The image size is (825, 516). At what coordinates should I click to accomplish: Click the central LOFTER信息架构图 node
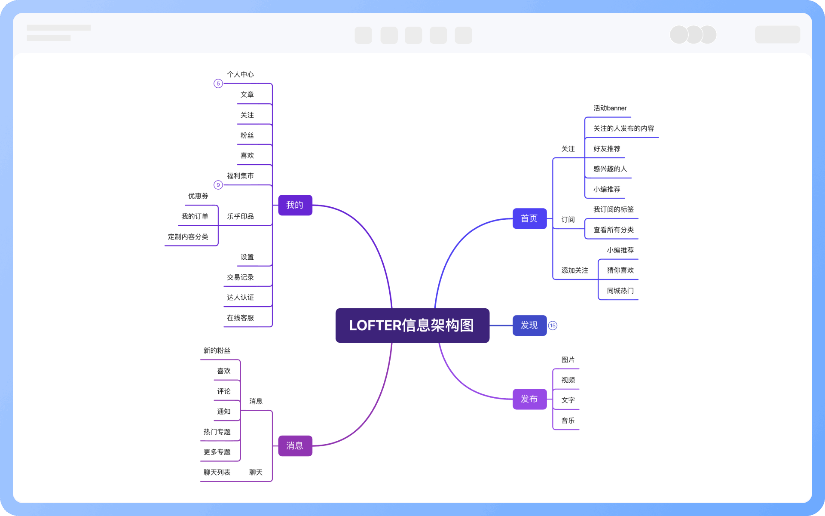click(x=412, y=326)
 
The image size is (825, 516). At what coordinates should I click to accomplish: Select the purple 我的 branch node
click(x=295, y=205)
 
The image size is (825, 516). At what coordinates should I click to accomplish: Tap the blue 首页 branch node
click(x=529, y=218)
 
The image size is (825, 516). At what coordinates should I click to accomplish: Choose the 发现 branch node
click(x=529, y=326)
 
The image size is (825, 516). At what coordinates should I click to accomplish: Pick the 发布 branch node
click(x=529, y=399)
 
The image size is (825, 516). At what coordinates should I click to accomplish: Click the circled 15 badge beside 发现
click(x=553, y=326)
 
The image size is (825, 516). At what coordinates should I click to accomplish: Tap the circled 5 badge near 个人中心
click(x=218, y=83)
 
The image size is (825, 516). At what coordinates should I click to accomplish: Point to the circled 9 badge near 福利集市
click(x=218, y=185)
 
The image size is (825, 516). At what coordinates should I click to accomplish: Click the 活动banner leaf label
click(x=610, y=108)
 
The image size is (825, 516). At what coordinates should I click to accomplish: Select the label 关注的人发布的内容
click(x=623, y=129)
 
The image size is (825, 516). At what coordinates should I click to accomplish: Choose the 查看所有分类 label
click(x=613, y=230)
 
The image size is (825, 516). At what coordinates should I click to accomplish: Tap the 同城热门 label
click(x=620, y=291)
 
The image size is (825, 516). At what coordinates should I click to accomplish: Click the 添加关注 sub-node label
click(x=574, y=270)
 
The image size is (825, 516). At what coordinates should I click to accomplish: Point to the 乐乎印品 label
click(x=240, y=216)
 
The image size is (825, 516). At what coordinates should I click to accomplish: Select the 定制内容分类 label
click(x=188, y=237)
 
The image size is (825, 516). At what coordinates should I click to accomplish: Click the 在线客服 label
click(x=240, y=318)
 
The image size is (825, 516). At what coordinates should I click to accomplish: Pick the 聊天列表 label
click(x=217, y=472)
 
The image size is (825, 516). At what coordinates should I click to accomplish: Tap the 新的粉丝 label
click(x=217, y=351)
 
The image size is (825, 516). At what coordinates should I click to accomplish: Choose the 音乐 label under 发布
click(x=568, y=421)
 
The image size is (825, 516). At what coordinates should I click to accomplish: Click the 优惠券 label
click(x=198, y=196)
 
